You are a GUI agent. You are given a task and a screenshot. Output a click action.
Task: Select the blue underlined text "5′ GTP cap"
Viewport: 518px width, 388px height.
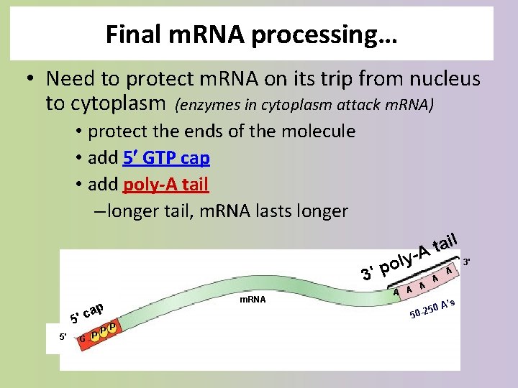(x=166, y=158)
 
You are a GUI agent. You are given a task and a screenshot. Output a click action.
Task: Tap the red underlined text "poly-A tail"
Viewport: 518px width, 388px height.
(x=165, y=185)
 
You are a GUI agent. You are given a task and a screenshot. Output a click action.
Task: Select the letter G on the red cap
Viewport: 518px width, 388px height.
(x=83, y=338)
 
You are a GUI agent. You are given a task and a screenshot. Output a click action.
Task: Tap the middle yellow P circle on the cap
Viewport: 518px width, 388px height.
(x=104, y=331)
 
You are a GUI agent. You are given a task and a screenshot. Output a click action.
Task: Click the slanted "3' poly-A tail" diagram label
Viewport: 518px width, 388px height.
(x=410, y=257)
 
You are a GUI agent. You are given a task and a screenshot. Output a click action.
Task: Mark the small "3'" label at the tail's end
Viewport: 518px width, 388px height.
(x=467, y=262)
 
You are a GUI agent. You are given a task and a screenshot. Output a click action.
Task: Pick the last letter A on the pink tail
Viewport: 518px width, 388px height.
(x=448, y=270)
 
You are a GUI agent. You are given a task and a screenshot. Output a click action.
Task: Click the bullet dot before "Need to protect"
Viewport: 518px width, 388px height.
(x=32, y=78)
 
